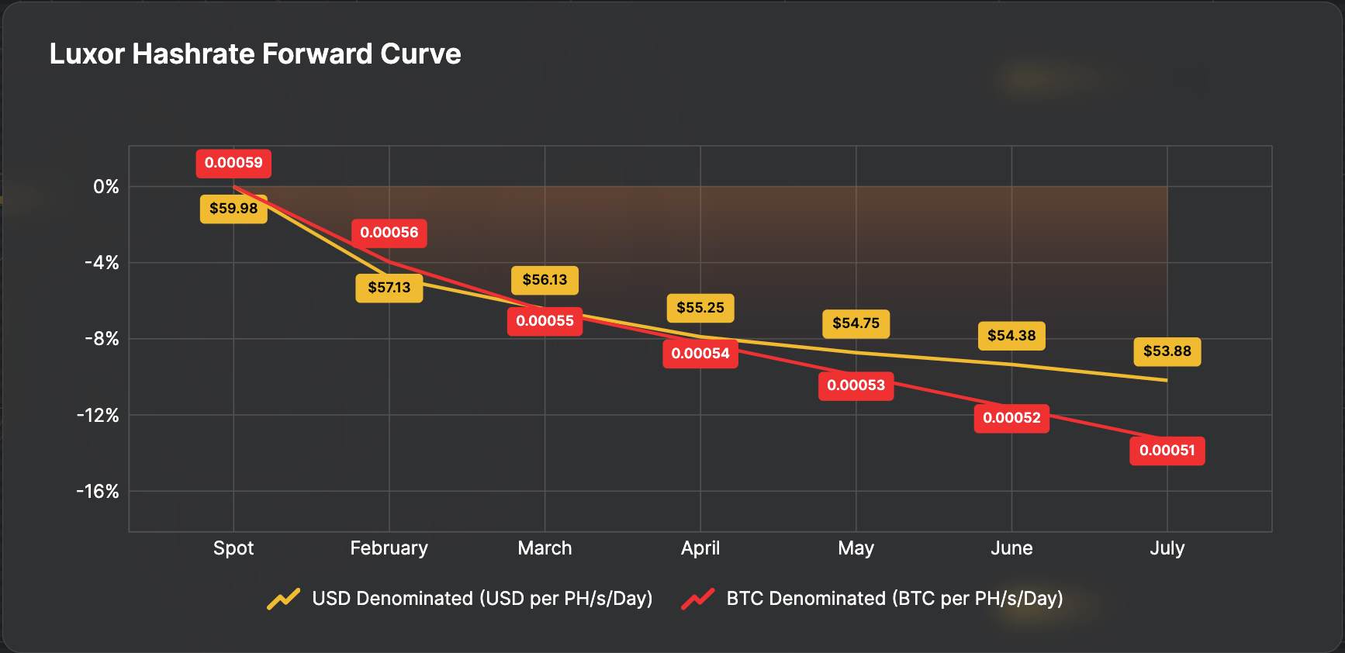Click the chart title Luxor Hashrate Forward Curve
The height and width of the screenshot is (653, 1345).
pyautogui.click(x=255, y=54)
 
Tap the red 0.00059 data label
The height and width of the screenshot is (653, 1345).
pyautogui.click(x=233, y=163)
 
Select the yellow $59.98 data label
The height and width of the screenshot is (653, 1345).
pyautogui.click(x=233, y=209)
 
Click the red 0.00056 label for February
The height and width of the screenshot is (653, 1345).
pyautogui.click(x=389, y=233)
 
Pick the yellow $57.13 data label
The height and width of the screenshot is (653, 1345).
pyautogui.click(x=389, y=288)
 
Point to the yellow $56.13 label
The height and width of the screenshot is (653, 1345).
pyautogui.click(x=545, y=280)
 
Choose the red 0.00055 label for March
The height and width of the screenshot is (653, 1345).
pyautogui.click(x=545, y=321)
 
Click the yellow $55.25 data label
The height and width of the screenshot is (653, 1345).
pyautogui.click(x=700, y=308)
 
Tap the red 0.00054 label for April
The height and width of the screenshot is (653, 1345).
pyautogui.click(x=700, y=354)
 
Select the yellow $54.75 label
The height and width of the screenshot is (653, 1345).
pyautogui.click(x=856, y=323)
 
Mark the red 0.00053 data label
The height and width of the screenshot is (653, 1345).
pyautogui.click(x=856, y=385)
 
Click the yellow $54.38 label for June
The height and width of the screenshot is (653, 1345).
pyautogui.click(x=1011, y=336)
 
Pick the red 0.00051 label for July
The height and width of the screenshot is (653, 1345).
pyautogui.click(x=1167, y=451)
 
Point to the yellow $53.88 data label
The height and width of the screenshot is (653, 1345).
pyautogui.click(x=1167, y=351)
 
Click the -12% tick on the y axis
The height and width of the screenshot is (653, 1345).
pyautogui.click(x=98, y=416)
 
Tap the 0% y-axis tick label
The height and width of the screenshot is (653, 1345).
pyautogui.click(x=106, y=187)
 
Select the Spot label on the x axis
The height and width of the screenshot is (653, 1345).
pyautogui.click(x=233, y=548)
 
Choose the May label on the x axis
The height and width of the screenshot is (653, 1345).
pyautogui.click(x=856, y=548)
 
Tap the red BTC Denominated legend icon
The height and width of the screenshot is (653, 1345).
pyautogui.click(x=698, y=599)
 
